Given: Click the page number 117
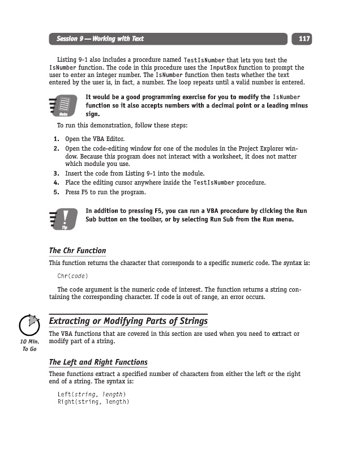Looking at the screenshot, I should point(304,39).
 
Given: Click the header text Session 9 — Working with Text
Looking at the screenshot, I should point(100,39).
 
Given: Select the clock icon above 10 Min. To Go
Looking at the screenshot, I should point(29,326).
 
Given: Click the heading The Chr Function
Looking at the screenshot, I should point(78,250).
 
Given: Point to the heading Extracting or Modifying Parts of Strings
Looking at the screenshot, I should point(128,322).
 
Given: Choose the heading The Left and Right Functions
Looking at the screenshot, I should point(98,362).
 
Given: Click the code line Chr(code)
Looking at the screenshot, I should point(73,276).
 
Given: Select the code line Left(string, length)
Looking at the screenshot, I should point(92,394).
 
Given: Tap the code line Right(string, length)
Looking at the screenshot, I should point(93,402).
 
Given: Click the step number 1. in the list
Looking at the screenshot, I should point(57,139).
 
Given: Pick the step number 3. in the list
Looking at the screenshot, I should point(57,173).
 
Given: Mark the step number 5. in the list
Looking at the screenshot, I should point(57,192).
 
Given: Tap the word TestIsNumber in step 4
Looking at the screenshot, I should point(213,183).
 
